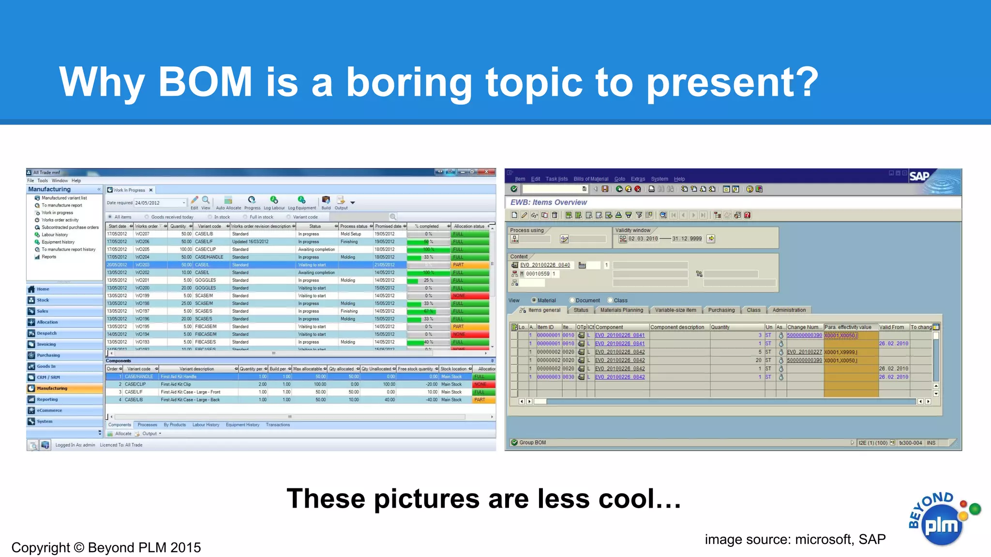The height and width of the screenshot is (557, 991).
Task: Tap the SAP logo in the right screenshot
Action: pyautogui.click(x=919, y=176)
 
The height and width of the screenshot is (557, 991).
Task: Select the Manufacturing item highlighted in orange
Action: pyautogui.click(x=52, y=388)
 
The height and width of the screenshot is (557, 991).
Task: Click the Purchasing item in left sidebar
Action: pyautogui.click(x=48, y=355)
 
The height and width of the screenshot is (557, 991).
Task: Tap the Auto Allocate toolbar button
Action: pyautogui.click(x=228, y=203)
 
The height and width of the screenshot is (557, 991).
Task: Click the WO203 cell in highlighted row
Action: pyautogui.click(x=142, y=265)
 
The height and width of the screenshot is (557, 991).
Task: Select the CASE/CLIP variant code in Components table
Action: pyautogui.click(x=135, y=384)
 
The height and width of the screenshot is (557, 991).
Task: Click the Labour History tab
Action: pyautogui.click(x=206, y=425)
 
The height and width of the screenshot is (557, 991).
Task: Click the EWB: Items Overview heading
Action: pyautogui.click(x=548, y=203)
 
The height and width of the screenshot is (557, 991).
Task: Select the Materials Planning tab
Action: pyautogui.click(x=621, y=310)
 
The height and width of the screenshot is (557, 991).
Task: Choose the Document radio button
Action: pyautogui.click(x=572, y=300)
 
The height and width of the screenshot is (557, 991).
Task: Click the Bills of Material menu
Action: pyautogui.click(x=590, y=179)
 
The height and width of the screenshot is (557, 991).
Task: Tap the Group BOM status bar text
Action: pyautogui.click(x=532, y=442)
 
